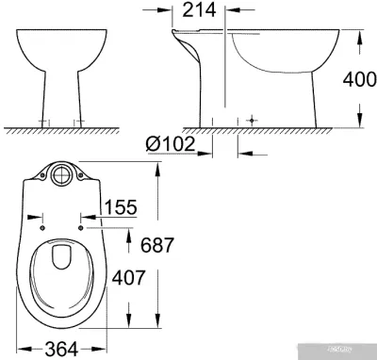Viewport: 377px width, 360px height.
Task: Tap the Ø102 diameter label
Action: coord(172,144)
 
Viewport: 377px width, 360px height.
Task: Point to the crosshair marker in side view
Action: coord(250,122)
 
